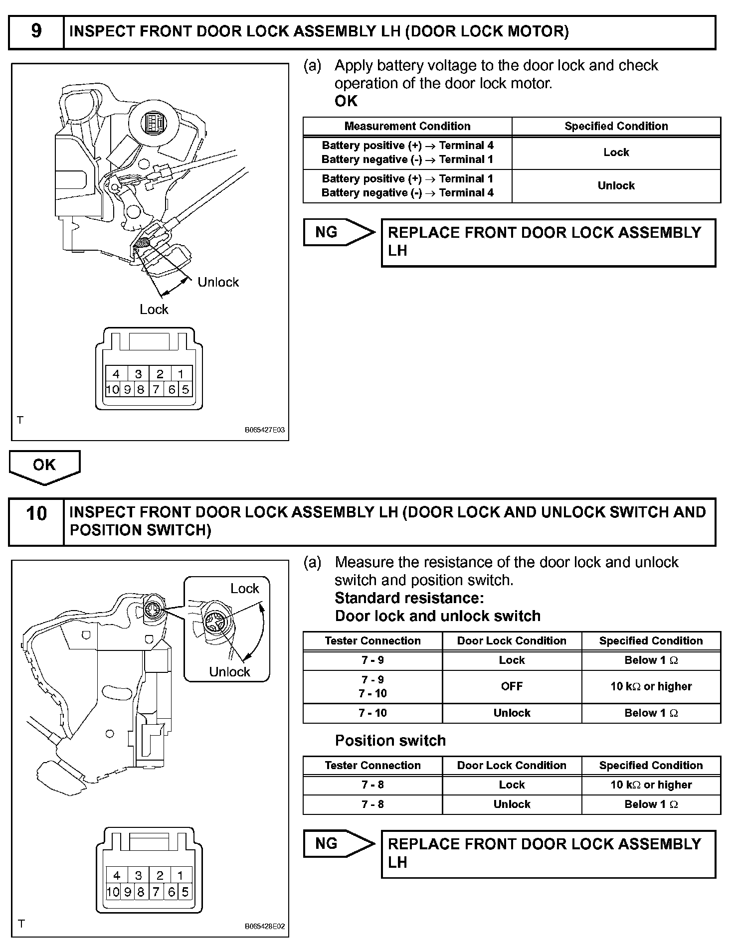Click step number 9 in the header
pos(36,31)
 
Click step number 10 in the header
pos(36,513)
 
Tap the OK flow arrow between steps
pos(44,466)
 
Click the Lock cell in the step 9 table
pos(616,153)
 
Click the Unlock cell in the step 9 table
pos(616,186)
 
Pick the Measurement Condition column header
pos(407,126)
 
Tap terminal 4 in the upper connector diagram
pos(116,374)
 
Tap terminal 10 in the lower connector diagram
pos(113,892)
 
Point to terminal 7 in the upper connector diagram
pos(156,389)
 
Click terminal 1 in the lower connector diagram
pos(181,875)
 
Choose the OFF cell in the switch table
pos(512,686)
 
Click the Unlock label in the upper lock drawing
pos(218,282)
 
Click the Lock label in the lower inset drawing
pos(244,589)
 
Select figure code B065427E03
pos(264,430)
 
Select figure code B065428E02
pos(264,927)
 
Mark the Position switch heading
pos(390,741)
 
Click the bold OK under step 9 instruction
pos(346,101)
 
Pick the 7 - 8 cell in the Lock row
pos(372,785)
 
